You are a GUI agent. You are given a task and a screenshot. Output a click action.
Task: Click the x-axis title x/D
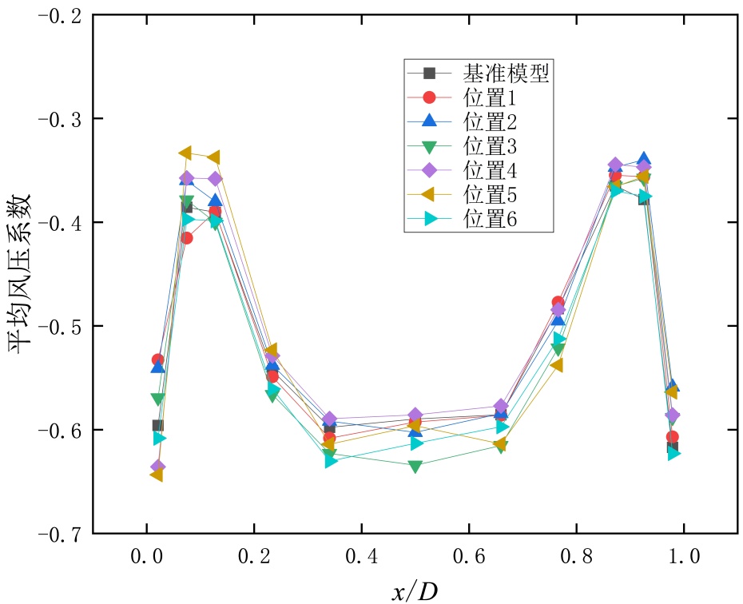click(x=415, y=591)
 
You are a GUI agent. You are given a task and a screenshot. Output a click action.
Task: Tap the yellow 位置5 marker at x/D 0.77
click(x=556, y=365)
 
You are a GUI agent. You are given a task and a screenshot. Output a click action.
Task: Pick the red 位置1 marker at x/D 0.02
click(x=157, y=360)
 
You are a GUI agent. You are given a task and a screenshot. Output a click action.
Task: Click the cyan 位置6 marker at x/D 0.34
click(x=331, y=461)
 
